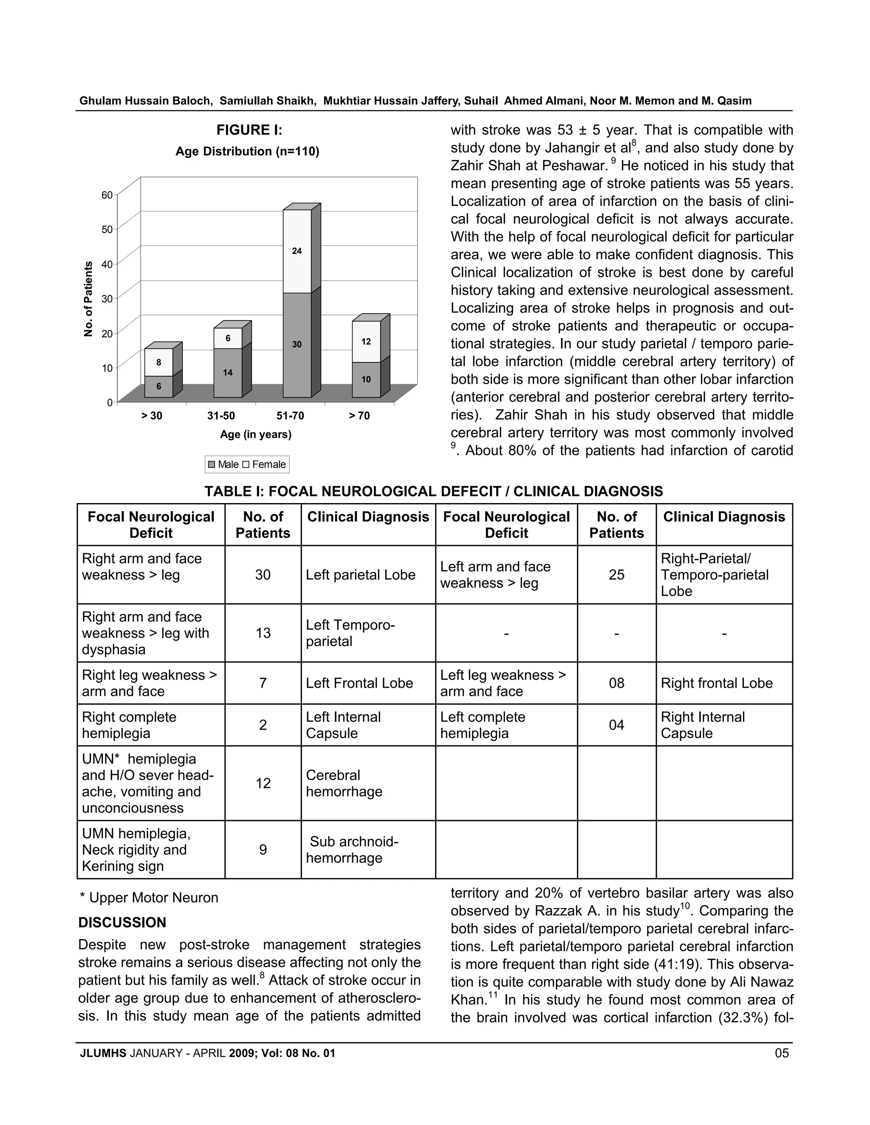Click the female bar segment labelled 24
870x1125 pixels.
point(297,251)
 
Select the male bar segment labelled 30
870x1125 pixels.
point(297,345)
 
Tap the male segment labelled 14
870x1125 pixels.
point(227,372)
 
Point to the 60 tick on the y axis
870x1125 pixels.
point(107,195)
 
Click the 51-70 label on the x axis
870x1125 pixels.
point(290,416)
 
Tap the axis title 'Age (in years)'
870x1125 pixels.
point(256,434)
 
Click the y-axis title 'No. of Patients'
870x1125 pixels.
point(88,299)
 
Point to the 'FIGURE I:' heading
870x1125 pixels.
point(249,130)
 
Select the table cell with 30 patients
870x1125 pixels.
point(263,575)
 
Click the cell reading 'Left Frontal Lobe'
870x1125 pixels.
point(359,683)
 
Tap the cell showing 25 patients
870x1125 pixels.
point(616,575)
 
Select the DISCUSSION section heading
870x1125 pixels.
point(122,922)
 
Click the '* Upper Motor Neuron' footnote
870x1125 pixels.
point(149,897)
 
